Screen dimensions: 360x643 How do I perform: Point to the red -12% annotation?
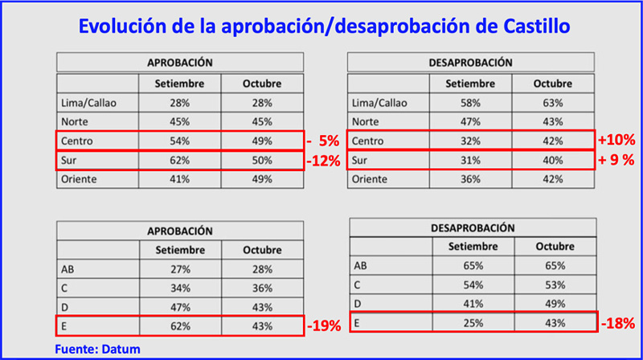[324, 160]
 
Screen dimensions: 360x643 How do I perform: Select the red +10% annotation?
[616, 140]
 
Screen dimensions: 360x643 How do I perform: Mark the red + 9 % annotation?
[616, 160]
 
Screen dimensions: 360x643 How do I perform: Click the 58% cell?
[472, 103]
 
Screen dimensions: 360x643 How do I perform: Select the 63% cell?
[552, 103]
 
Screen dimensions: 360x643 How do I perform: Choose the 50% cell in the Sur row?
[261, 160]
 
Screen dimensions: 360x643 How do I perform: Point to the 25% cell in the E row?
[472, 322]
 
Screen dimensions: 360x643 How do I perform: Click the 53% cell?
[552, 285]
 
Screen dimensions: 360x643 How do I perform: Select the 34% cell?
[180, 288]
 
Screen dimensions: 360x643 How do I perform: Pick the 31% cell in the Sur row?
[472, 160]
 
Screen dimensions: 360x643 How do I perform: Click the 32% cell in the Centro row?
[472, 141]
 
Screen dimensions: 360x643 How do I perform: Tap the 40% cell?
[552, 160]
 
